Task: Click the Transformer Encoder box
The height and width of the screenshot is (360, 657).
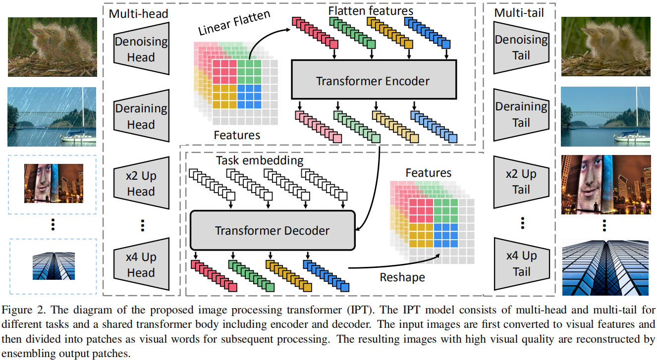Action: click(x=374, y=79)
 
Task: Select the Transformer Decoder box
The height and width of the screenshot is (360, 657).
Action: click(x=273, y=230)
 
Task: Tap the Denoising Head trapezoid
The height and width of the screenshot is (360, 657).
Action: click(x=141, y=49)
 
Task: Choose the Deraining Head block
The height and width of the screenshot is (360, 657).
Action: click(x=141, y=116)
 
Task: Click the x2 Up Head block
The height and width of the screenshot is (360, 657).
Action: click(x=141, y=183)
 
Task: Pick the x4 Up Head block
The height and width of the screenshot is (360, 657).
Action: click(x=141, y=264)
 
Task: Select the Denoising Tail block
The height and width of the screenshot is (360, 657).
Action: click(x=521, y=48)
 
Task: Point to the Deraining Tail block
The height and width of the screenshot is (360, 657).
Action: click(x=521, y=114)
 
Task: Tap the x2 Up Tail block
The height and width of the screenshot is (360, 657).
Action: click(x=521, y=182)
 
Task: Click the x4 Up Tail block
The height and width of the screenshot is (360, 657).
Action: click(x=521, y=264)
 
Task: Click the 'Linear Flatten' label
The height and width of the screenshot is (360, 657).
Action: click(x=234, y=22)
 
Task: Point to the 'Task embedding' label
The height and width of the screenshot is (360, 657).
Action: click(x=260, y=160)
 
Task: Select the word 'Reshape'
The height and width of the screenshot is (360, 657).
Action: click(x=402, y=277)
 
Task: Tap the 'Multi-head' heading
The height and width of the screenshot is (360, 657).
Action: click(x=138, y=13)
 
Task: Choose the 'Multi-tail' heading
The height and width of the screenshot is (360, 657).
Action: click(x=519, y=12)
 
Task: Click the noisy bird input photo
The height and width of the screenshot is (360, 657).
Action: click(x=53, y=47)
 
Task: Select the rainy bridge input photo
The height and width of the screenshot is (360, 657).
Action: click(x=52, y=117)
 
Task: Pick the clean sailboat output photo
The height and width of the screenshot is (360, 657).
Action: click(x=605, y=116)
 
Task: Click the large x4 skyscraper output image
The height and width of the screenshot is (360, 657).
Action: click(x=605, y=268)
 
